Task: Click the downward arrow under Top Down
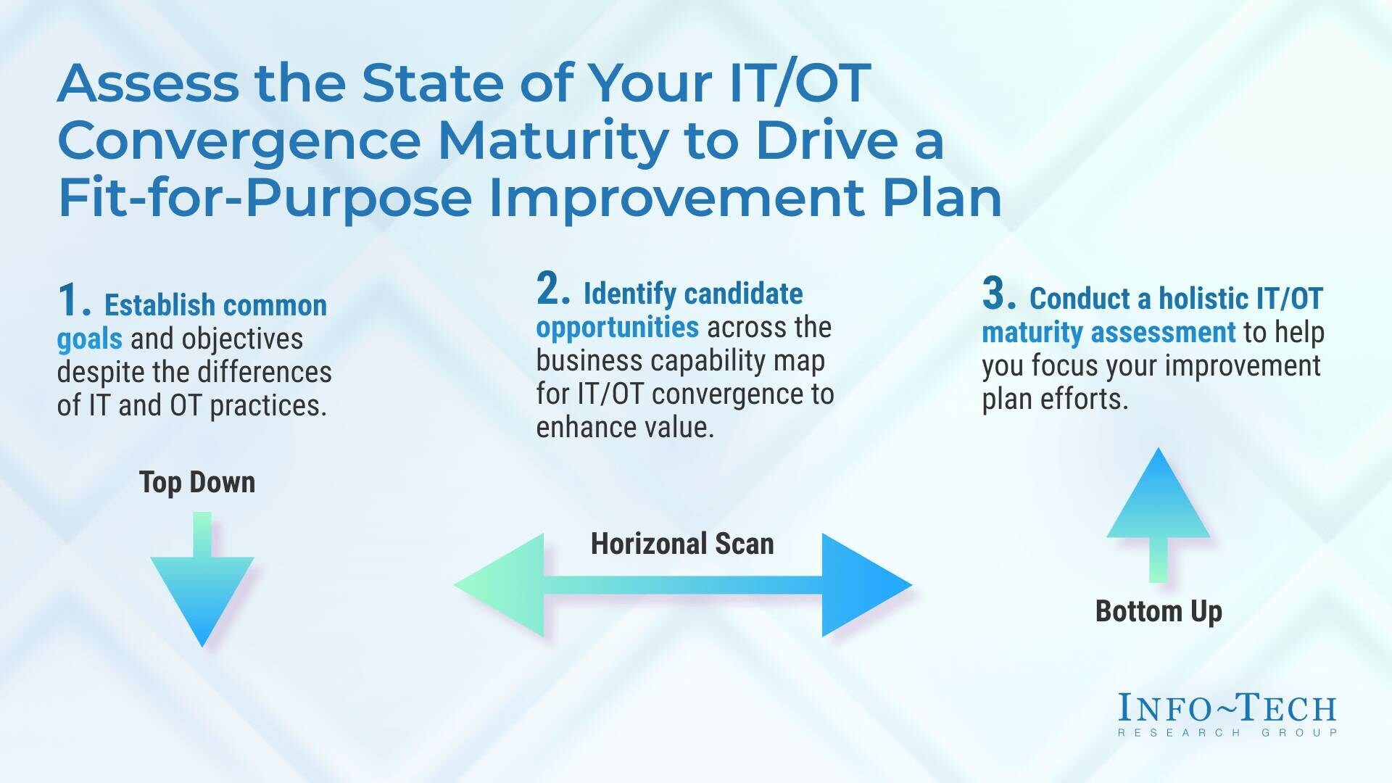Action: (x=202, y=580)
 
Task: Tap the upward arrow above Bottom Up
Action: (x=1158, y=515)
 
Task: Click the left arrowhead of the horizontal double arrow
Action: (x=500, y=585)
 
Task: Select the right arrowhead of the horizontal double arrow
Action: (x=866, y=585)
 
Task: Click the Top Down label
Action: (x=197, y=482)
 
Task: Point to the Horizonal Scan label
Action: (x=682, y=544)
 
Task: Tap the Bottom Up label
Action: (x=1159, y=611)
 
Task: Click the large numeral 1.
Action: (x=73, y=301)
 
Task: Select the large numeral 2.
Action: (x=553, y=289)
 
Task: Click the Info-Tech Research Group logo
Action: (x=1227, y=715)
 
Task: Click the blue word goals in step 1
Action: (x=89, y=339)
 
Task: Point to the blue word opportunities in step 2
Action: (x=618, y=328)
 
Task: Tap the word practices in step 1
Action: (x=268, y=406)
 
